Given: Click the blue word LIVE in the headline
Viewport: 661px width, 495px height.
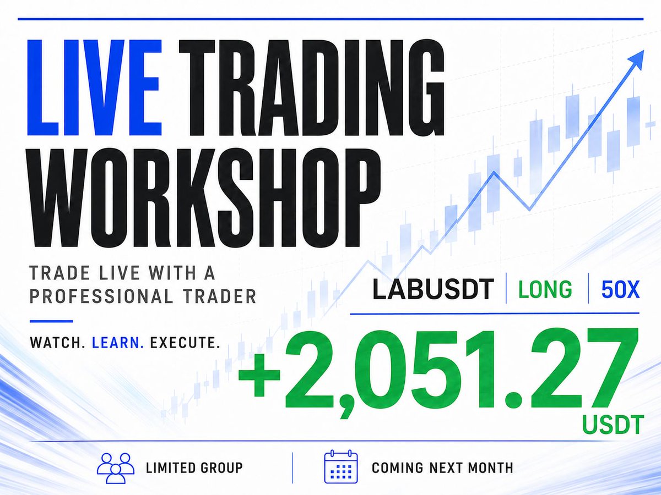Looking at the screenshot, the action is tap(95, 87).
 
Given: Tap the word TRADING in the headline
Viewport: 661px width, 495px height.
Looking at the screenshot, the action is tap(311, 87).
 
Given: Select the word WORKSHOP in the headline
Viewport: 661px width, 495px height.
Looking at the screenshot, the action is tap(205, 199).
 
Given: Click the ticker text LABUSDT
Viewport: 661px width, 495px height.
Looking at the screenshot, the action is tap(433, 289).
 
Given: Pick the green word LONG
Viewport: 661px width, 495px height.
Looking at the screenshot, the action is tap(545, 289).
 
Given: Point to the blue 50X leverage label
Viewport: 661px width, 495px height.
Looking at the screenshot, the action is tap(620, 289).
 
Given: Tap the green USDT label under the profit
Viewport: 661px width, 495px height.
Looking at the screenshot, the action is tap(613, 425).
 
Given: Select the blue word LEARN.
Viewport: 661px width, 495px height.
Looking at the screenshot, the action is tap(118, 343).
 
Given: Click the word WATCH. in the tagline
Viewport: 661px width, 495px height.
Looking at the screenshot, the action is tap(57, 343).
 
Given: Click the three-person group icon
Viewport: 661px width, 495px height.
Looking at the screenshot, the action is tap(116, 468).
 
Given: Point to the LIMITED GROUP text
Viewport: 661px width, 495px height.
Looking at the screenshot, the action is tap(194, 468).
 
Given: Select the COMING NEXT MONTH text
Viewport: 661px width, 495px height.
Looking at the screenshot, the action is tap(442, 468).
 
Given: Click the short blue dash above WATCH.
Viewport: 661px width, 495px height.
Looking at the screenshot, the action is tap(51, 321).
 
